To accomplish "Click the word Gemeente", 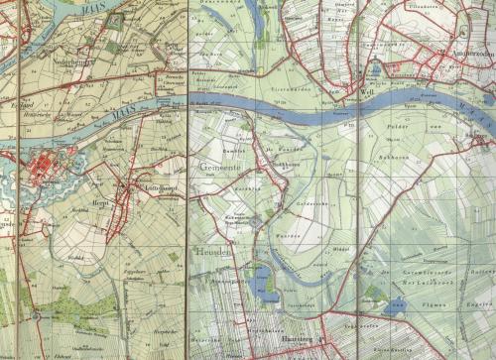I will coord(223,171).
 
